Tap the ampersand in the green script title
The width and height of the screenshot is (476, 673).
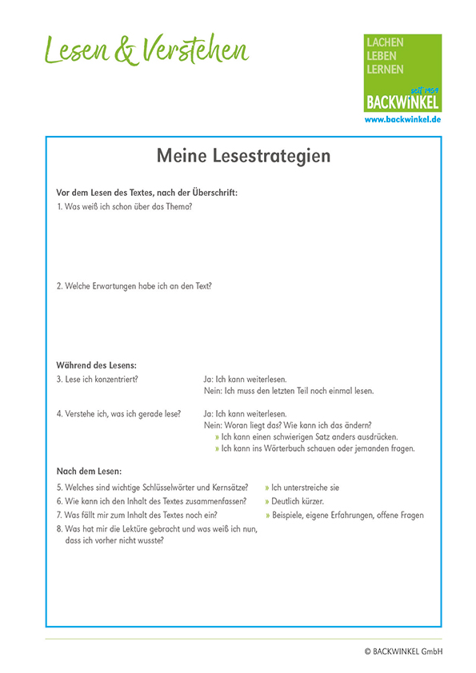click(x=126, y=51)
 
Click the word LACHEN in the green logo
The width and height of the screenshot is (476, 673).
click(x=385, y=42)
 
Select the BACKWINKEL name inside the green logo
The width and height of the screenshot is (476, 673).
click(x=402, y=102)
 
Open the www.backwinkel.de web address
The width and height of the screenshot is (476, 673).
click(x=402, y=119)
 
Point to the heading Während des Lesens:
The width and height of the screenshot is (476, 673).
click(x=96, y=365)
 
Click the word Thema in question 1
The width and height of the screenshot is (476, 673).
click(x=179, y=207)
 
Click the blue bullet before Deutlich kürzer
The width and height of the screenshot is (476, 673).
click(x=267, y=501)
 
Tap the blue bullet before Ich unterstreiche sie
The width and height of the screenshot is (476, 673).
click(x=267, y=487)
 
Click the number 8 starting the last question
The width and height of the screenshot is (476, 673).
click(x=58, y=529)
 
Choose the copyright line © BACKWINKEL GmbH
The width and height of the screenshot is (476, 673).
click(x=402, y=651)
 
